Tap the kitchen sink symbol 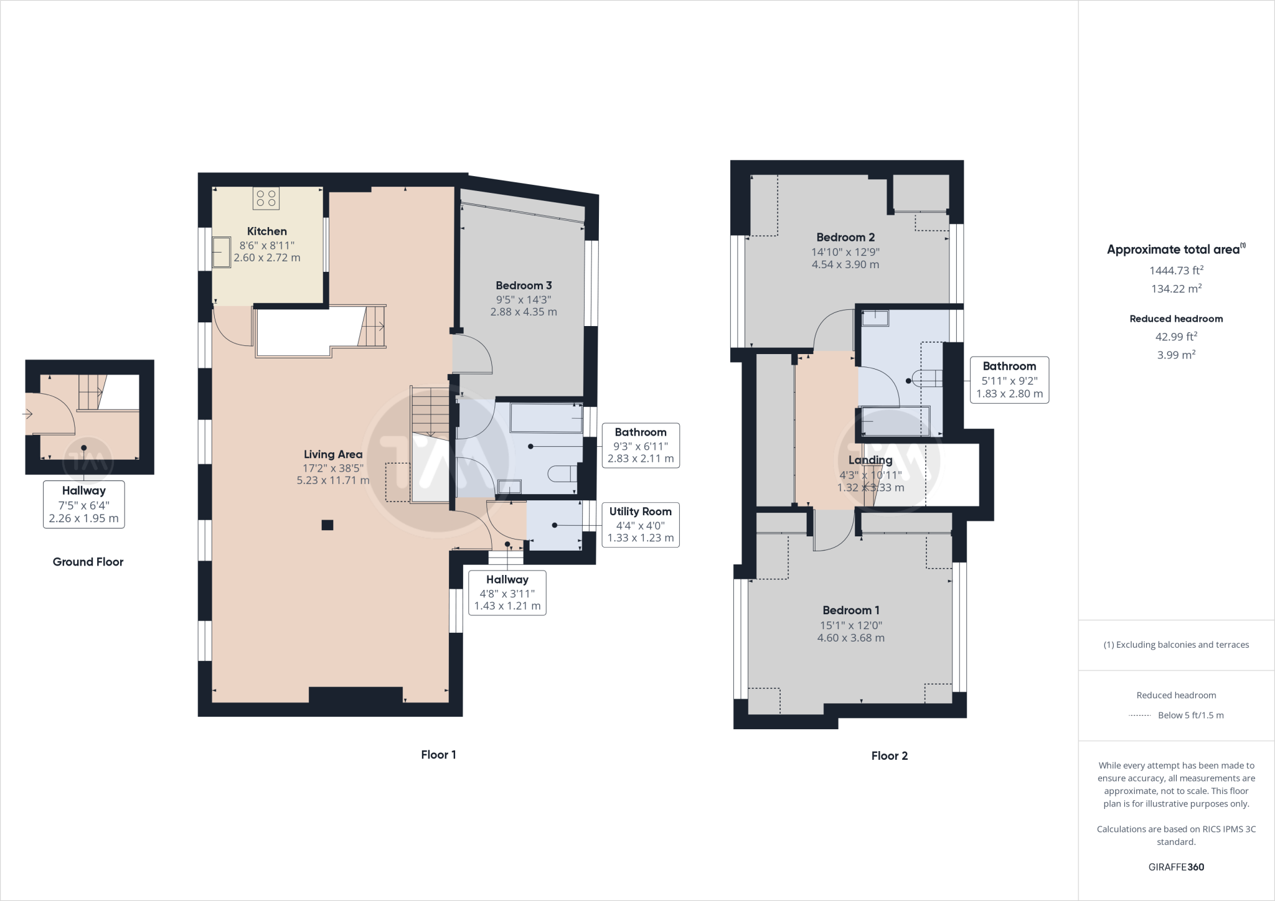click(x=221, y=251)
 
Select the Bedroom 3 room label click(x=524, y=286)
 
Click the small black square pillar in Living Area click(x=327, y=525)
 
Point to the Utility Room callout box click(x=640, y=525)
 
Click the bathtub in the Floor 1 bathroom click(x=545, y=418)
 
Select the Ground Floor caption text click(x=88, y=562)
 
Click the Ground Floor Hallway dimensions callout click(x=83, y=505)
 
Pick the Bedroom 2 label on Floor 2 click(x=845, y=237)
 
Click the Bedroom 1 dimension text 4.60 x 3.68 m click(x=850, y=638)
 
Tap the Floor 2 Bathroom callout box click(x=1009, y=380)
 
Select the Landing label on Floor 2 click(x=870, y=460)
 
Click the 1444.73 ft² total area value click(x=1176, y=270)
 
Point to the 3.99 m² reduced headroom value click(x=1176, y=355)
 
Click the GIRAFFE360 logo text click(x=1176, y=867)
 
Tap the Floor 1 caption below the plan click(x=438, y=755)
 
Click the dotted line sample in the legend click(x=1139, y=716)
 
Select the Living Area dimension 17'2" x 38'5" click(x=333, y=467)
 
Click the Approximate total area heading click(x=1173, y=250)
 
